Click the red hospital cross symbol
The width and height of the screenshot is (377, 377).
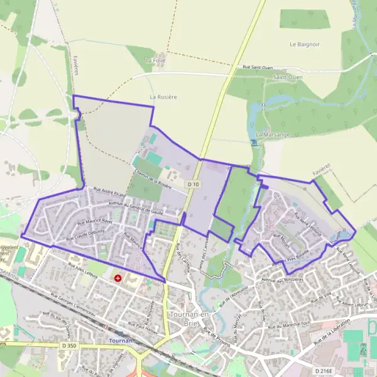click(117, 277)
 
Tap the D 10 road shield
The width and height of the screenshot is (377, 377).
click(194, 184)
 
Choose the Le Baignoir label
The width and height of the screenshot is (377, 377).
click(305, 45)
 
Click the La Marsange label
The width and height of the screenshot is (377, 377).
click(273, 135)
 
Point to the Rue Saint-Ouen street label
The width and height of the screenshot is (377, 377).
click(259, 67)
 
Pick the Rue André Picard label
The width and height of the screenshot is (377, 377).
click(109, 192)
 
